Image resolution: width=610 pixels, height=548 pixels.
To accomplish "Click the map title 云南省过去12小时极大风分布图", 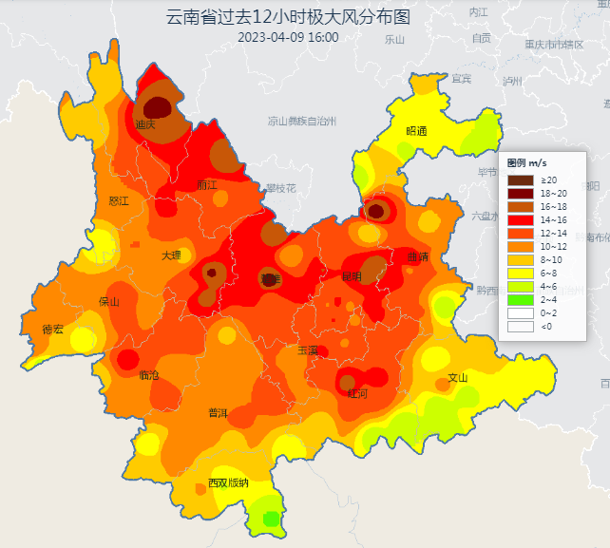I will (288, 17).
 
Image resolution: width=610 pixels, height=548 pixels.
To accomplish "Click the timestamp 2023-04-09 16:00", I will (288, 38).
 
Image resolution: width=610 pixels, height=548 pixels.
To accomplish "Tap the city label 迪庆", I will (145, 123).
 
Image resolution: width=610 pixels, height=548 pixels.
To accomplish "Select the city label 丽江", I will (207, 184).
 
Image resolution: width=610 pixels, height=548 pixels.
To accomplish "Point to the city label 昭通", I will (416, 131).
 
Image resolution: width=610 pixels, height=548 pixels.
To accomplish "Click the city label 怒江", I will (119, 201).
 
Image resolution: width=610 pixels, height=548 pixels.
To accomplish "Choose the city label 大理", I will (171, 255).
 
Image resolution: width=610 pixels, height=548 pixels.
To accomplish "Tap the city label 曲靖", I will (417, 257).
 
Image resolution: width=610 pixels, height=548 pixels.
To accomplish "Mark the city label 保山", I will (109, 302).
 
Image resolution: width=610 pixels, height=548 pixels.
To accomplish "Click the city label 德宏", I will (52, 330).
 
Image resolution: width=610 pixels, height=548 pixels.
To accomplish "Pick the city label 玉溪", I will (307, 350).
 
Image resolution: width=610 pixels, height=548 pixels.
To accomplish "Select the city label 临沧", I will (149, 375).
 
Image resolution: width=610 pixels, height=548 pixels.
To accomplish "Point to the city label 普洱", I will (218, 412).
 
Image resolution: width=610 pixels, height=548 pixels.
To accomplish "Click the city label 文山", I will (458, 377).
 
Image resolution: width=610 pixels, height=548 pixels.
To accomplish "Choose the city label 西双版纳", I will (228, 482).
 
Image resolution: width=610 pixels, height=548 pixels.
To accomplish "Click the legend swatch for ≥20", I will (521, 180).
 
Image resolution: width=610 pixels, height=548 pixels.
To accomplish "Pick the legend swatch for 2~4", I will (521, 300).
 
